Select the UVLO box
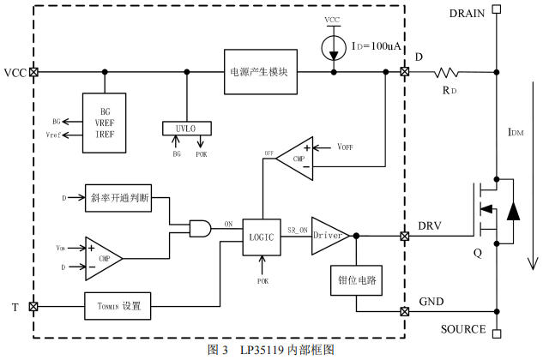(185, 128)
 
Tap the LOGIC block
(261, 237)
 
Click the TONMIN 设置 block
(119, 306)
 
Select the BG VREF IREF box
(104, 123)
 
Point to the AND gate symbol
(200, 228)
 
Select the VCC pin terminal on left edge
(33, 72)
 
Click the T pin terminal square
(33, 306)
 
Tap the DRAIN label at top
(468, 13)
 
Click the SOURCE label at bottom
(464, 329)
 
